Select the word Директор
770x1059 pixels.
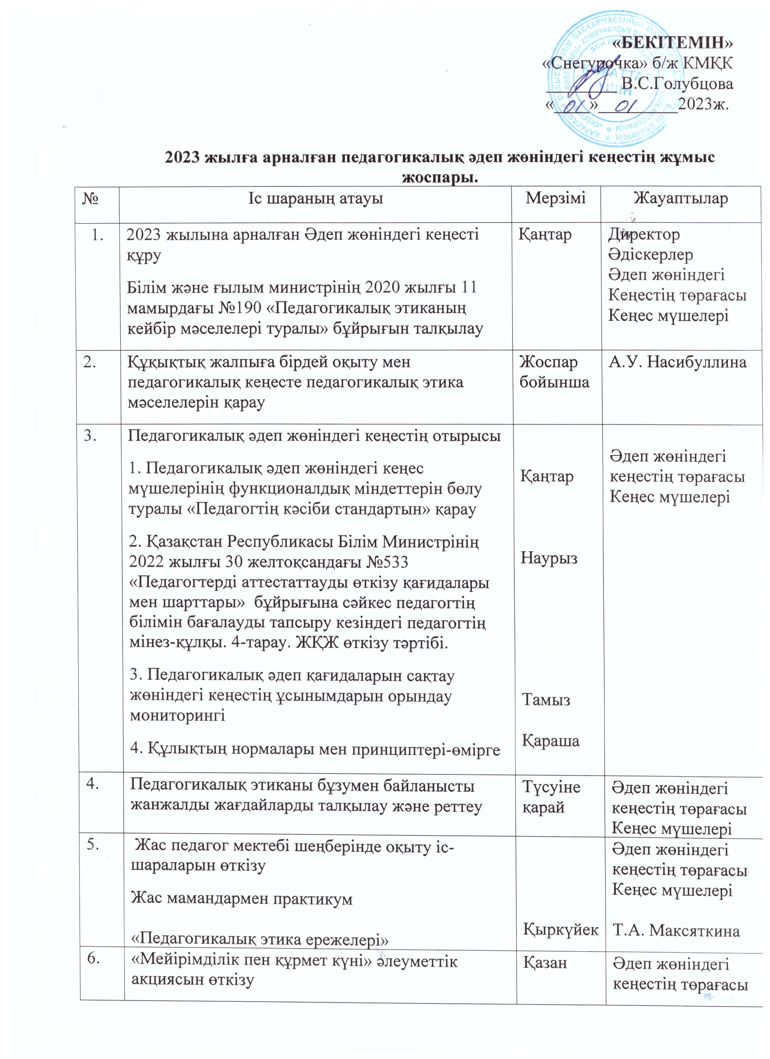point(644,234)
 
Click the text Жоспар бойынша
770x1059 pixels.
point(554,372)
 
